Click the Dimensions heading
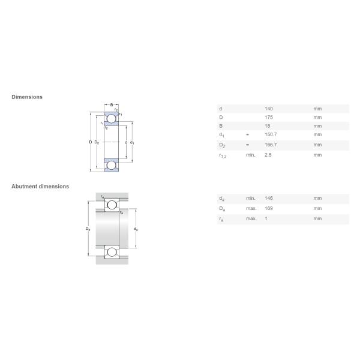click(27, 97)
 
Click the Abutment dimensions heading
click(40, 187)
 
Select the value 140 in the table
click(269, 109)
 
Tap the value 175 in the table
click(269, 118)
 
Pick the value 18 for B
click(267, 126)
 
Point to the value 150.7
click(271, 134)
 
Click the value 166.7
click(271, 145)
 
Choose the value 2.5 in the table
click(268, 155)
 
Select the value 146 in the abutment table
click(269, 198)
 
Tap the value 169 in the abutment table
click(269, 208)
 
